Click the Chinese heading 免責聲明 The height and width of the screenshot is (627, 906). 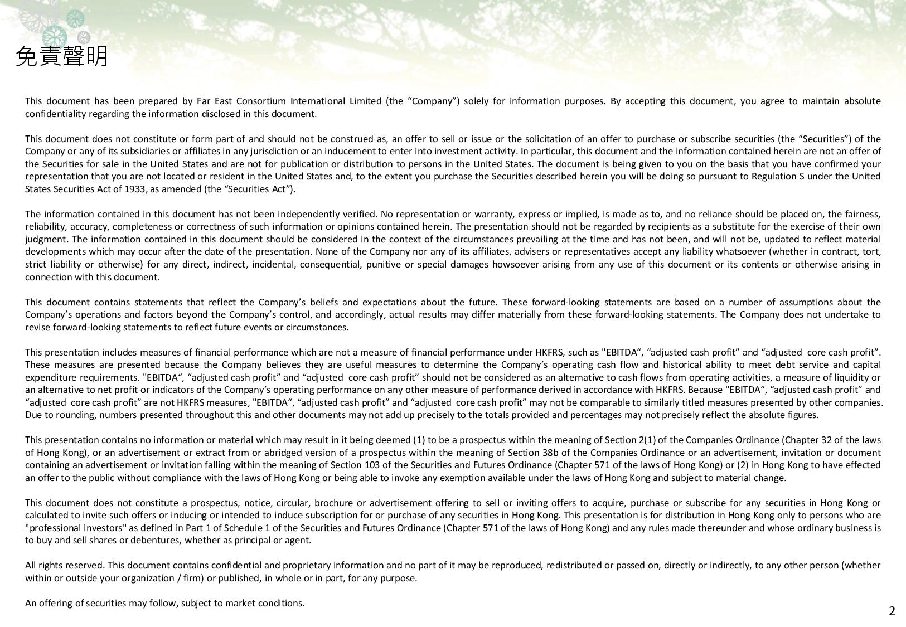coord(62,56)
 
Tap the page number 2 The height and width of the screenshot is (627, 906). coord(892,611)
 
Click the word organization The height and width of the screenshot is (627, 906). coord(149,578)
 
